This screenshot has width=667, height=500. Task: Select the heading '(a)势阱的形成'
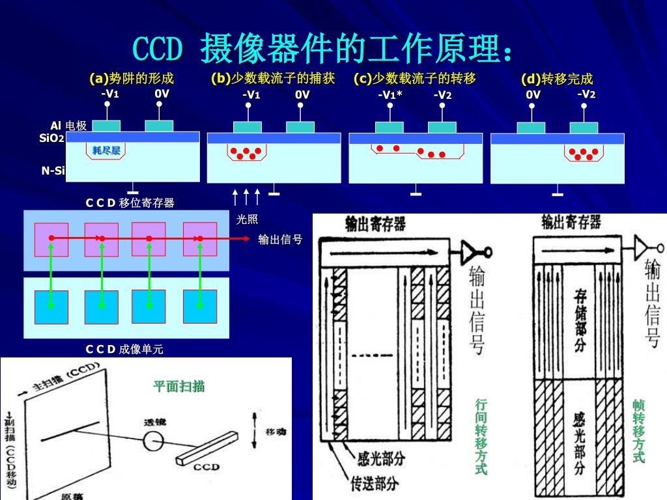(132, 79)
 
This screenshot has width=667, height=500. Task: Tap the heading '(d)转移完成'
(557, 79)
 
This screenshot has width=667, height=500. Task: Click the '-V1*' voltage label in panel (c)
(390, 94)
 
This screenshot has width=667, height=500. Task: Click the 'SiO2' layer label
(52, 138)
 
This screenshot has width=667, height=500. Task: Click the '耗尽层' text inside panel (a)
(106, 151)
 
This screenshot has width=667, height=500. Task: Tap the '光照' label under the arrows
(247, 219)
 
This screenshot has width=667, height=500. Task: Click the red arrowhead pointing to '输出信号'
(247, 239)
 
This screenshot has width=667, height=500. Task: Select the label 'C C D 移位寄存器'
(130, 202)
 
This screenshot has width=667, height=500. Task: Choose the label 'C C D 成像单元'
(124, 350)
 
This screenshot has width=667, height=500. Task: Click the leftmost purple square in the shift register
(51, 239)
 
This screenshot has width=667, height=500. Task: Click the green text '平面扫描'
(179, 387)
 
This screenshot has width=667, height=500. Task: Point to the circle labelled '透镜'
(154, 441)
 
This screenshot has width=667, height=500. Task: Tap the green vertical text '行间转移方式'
(481, 436)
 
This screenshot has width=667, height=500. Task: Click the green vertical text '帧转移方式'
(638, 431)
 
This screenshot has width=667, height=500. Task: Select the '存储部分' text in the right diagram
(580, 321)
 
